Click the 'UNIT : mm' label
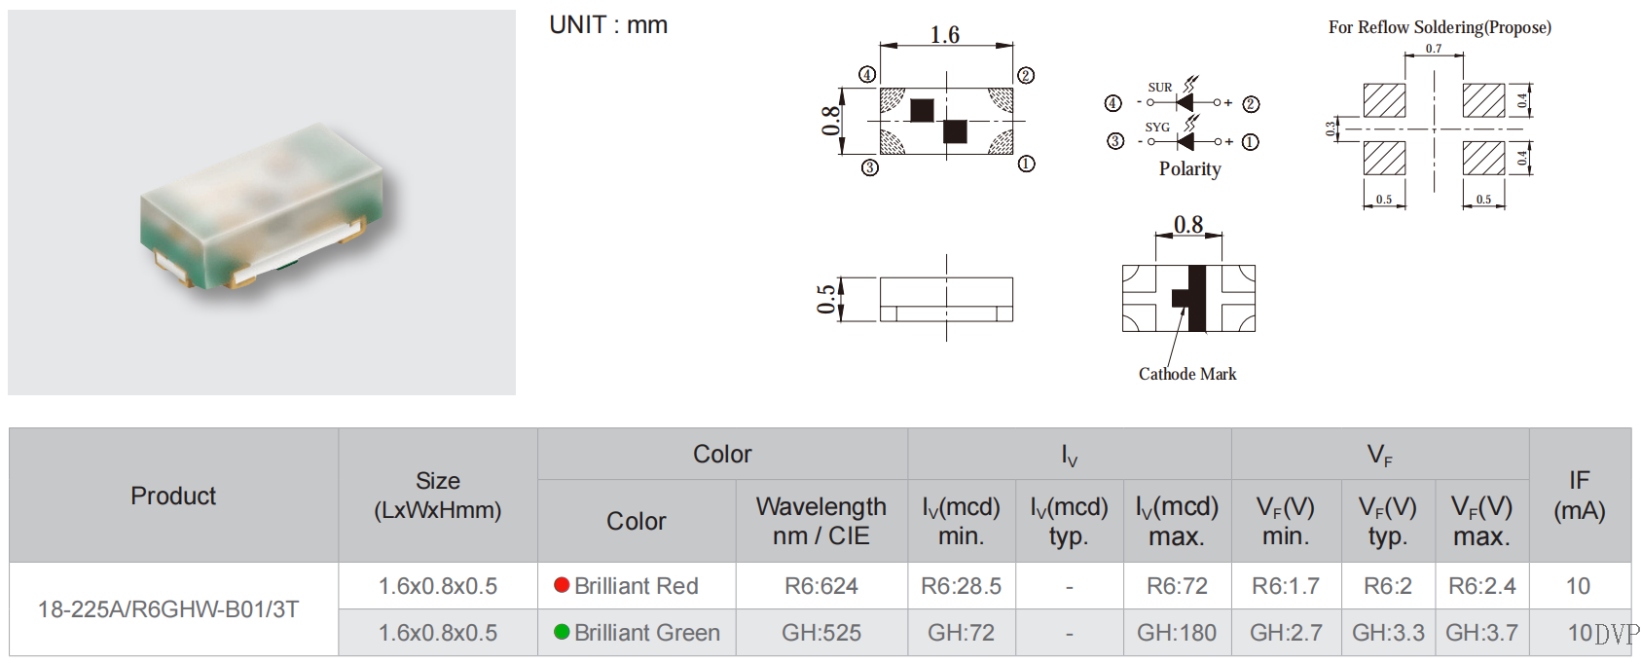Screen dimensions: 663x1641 (x=608, y=25)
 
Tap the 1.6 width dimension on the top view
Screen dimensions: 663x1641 (x=945, y=35)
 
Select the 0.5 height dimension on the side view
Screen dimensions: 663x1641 (x=826, y=299)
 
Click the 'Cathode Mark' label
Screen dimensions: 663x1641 (x=1187, y=374)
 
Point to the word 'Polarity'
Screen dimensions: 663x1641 (x=1189, y=168)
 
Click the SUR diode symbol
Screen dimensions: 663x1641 (x=1185, y=102)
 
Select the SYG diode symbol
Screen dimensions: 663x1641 (x=1185, y=141)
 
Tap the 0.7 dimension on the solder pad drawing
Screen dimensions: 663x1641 (x=1434, y=49)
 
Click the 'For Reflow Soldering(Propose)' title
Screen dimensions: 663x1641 (x=1440, y=27)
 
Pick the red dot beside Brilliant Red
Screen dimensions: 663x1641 (x=562, y=585)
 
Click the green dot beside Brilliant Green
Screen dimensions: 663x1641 (x=562, y=632)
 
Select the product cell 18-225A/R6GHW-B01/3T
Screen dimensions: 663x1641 (x=168, y=609)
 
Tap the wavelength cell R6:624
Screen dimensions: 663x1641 (x=821, y=586)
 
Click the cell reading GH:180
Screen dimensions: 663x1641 (x=1177, y=633)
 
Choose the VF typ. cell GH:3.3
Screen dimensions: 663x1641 (x=1388, y=633)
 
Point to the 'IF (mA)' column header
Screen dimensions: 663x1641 (x=1579, y=495)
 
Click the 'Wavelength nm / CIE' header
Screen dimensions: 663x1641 (x=821, y=521)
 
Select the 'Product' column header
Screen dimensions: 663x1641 (x=173, y=496)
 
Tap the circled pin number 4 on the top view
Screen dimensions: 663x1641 (x=867, y=75)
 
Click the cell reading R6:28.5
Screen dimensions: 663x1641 (x=961, y=586)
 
